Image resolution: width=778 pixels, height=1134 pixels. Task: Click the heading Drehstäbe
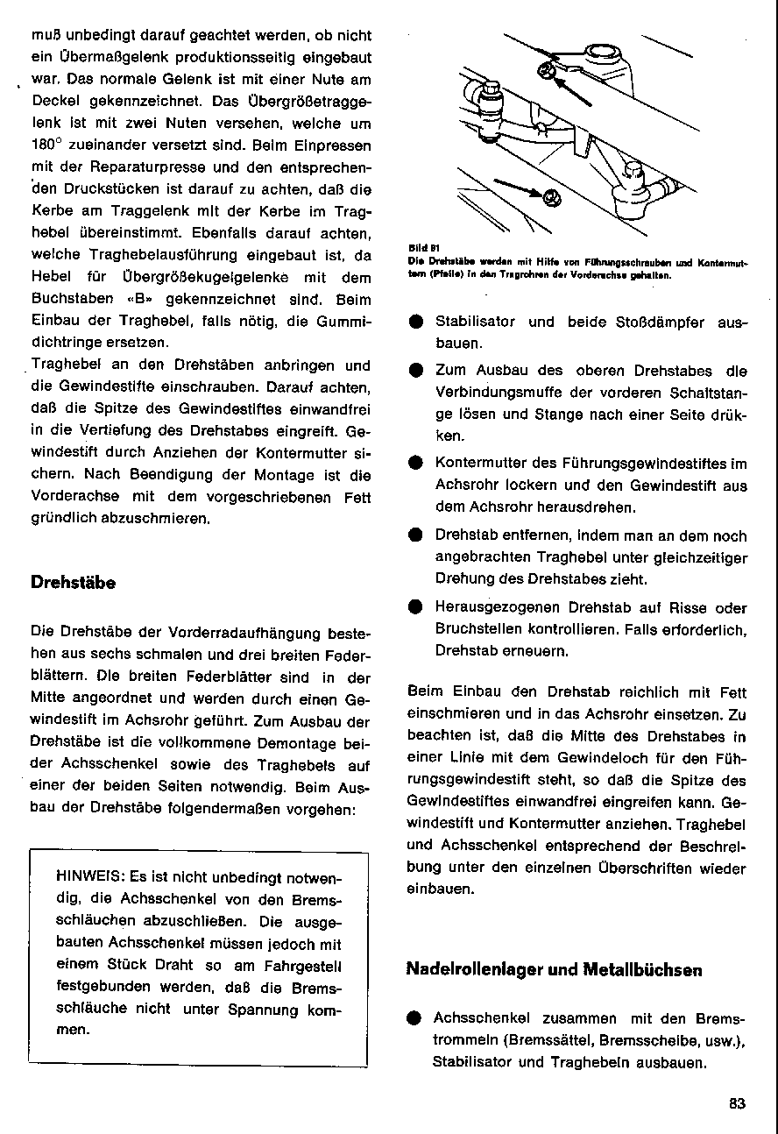(73, 582)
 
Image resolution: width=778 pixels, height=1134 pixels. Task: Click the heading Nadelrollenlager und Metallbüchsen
(554, 969)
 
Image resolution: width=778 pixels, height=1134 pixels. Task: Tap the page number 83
(736, 1104)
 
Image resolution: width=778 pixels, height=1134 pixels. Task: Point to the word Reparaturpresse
(145, 167)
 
